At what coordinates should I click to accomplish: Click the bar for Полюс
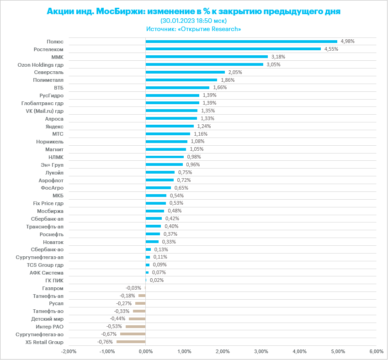pyautogui.click(x=241, y=41)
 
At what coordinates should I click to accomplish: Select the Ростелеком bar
pyautogui.click(x=233, y=49)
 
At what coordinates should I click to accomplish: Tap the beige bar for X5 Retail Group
pyautogui.click(x=131, y=342)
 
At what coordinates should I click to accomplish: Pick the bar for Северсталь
pyautogui.click(x=185, y=72)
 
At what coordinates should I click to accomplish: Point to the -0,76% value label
pyautogui.click(x=105, y=342)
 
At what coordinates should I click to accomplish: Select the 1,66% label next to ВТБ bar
pyautogui.click(x=220, y=87)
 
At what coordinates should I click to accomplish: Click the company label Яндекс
pyautogui.click(x=54, y=126)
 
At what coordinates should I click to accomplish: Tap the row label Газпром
pyautogui.click(x=53, y=288)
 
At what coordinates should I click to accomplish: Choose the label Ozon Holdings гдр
pyautogui.click(x=40, y=64)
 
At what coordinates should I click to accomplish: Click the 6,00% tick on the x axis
pyautogui.click(x=376, y=351)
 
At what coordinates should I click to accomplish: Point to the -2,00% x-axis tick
pyautogui.click(x=69, y=351)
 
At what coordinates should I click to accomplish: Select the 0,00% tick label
pyautogui.click(x=145, y=351)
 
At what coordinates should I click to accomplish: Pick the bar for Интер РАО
pyautogui.click(x=135, y=327)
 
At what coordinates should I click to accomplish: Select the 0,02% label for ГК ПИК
pyautogui.click(x=157, y=281)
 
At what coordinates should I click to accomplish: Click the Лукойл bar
pyautogui.click(x=160, y=172)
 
